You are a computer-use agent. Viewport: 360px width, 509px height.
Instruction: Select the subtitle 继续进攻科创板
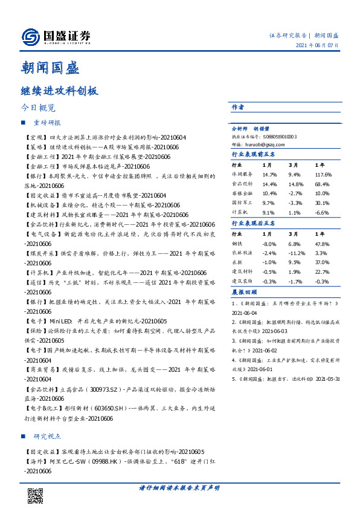(x=59, y=91)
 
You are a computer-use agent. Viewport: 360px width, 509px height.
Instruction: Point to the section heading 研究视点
(x=47, y=436)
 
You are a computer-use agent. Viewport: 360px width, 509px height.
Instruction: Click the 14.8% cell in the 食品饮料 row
(x=295, y=184)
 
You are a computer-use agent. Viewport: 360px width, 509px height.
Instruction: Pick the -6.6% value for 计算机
(x=323, y=212)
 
